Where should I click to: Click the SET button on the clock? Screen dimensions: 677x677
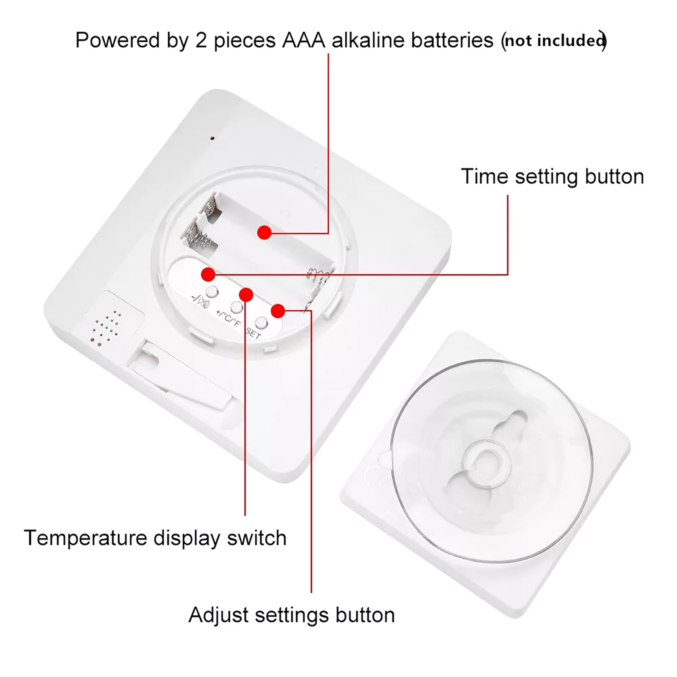pos(262,323)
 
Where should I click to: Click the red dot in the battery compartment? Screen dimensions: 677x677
pos(264,232)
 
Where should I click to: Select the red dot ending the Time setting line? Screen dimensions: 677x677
pos(208,274)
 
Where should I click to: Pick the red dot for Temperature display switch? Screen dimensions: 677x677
pos(246,294)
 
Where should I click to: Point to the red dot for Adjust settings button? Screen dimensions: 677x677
pos(278,311)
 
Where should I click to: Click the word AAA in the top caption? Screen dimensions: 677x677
pos(303,40)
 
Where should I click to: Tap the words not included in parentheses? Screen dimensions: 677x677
pos(554,41)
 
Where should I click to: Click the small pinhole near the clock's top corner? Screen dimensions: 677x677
pos(212,138)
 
